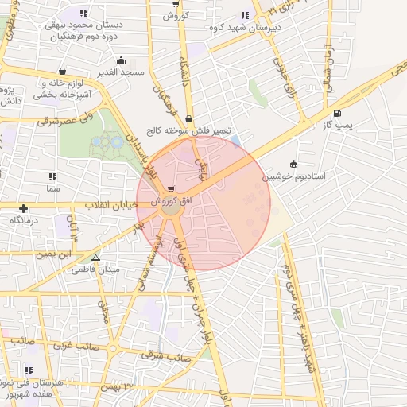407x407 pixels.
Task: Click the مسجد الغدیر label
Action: [x=121, y=72]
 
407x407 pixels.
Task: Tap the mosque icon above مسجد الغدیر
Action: [x=121, y=60]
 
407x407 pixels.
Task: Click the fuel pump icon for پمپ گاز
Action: [x=338, y=114]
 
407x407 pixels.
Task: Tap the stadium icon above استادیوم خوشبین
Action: [x=294, y=164]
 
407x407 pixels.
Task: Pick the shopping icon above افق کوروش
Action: [x=171, y=189]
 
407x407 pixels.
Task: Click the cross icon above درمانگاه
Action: [x=24, y=208]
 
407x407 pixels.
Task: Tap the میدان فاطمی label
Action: [x=94, y=270]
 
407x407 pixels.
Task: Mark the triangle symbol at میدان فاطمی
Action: [x=95, y=258]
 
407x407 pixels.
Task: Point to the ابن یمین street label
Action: [x=52, y=255]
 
